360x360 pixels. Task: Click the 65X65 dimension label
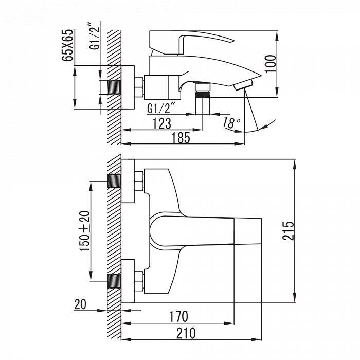pos(68,45)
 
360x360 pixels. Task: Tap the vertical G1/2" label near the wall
pos(95,35)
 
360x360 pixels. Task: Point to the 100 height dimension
pos(271,64)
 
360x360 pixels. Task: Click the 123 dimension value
pos(163,123)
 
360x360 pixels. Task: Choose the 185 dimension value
pos(181,138)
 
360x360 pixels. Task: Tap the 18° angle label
pos(231,122)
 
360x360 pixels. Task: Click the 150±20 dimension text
pos(85,231)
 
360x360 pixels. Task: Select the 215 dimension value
pos(288,231)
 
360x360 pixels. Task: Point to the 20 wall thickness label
pos(80,304)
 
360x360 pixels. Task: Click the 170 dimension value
pos(179,316)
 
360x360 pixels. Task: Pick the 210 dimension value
pos(186,333)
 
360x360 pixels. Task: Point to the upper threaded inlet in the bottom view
pos(114,181)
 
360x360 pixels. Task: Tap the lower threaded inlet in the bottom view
pos(114,281)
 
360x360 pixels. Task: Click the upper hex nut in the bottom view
pos(139,181)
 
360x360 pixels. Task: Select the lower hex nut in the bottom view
pos(139,281)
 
